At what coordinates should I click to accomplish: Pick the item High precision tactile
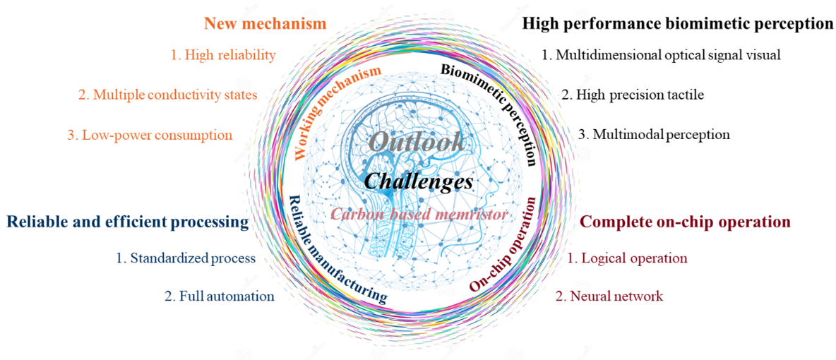[633, 95]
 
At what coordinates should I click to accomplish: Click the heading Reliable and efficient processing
[127, 222]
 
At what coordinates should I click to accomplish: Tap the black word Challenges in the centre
[419, 181]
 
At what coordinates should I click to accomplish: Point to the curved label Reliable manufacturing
[331, 251]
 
